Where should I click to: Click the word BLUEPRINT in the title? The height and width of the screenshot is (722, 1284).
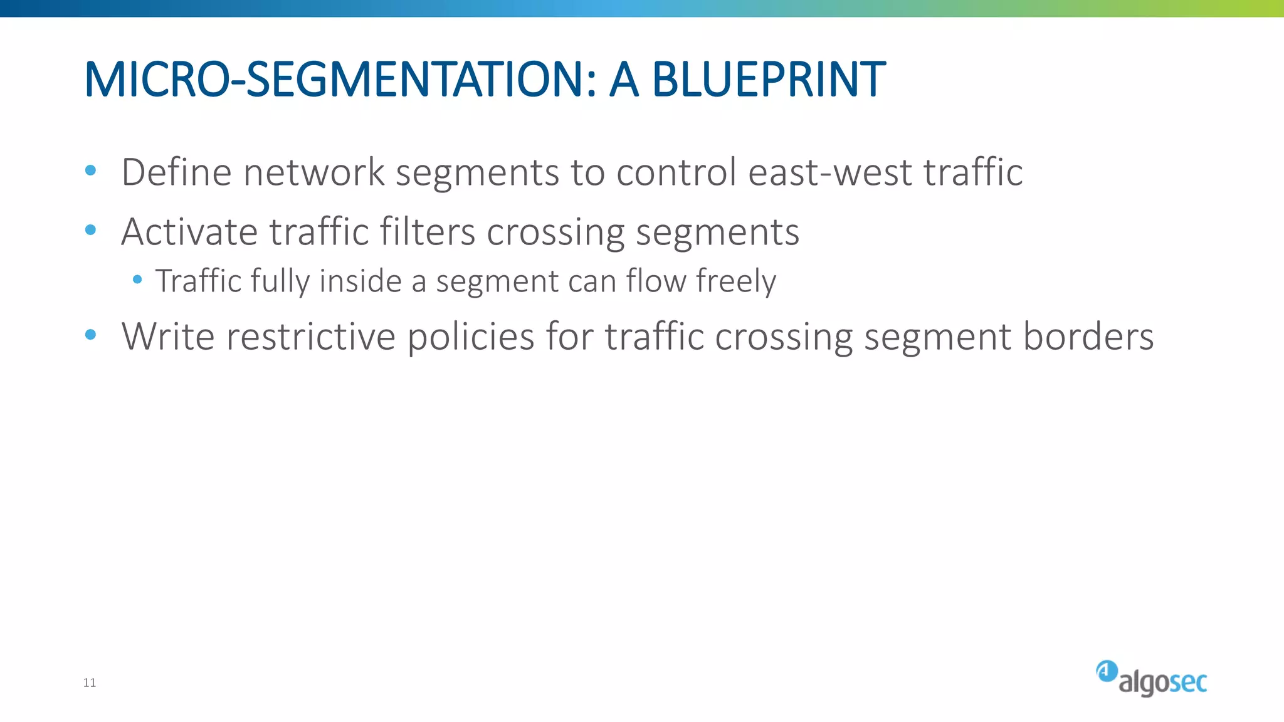(769, 80)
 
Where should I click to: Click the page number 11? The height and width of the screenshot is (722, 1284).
(90, 683)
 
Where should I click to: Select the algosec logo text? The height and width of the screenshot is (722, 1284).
(1162, 683)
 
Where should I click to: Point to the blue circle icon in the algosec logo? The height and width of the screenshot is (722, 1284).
(1107, 671)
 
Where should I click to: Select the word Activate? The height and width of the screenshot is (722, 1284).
(189, 232)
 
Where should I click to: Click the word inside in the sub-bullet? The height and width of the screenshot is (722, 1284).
(360, 281)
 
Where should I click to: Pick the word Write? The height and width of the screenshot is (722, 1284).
(168, 337)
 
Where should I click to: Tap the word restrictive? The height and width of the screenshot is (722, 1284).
(311, 337)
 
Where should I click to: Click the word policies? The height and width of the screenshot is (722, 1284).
(470, 337)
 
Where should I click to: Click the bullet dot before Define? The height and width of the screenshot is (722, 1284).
(90, 170)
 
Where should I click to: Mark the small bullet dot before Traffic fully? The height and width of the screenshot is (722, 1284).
(137, 279)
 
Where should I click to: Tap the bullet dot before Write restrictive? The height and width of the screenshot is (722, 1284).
(90, 335)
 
